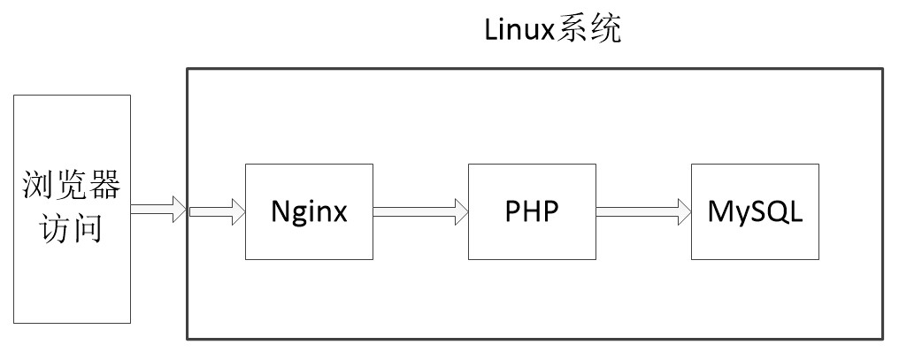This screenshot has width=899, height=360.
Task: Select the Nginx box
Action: [x=309, y=211]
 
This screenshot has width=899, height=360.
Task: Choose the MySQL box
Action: [x=755, y=211]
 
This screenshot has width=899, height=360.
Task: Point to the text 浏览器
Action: [x=72, y=188]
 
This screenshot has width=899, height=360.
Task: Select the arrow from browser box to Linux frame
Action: [x=158, y=211]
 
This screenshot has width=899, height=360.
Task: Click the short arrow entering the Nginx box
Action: [x=216, y=211]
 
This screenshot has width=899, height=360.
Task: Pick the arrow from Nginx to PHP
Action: [x=420, y=211]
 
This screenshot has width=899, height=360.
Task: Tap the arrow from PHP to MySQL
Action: [x=643, y=211]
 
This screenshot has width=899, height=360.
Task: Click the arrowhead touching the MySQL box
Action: [x=683, y=211]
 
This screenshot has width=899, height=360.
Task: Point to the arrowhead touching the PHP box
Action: [x=460, y=211]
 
